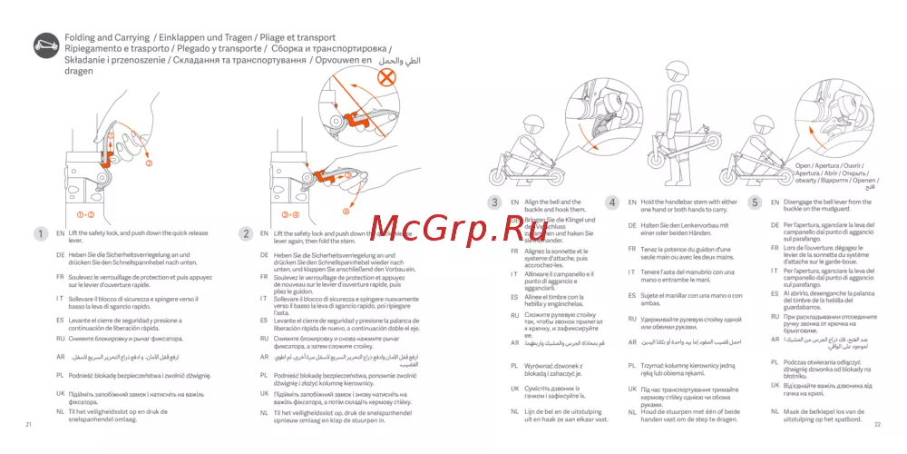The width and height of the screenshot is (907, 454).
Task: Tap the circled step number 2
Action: pos(245,233)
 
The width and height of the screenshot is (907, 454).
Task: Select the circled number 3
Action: pos(494,202)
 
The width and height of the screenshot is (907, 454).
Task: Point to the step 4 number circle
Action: pos(612,202)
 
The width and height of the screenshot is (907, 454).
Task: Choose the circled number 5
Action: pos(755,202)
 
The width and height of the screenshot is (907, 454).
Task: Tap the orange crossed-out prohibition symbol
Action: pos(388,76)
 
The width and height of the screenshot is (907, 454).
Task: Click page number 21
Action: pos(29,424)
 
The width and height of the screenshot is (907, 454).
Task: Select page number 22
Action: pos(877,424)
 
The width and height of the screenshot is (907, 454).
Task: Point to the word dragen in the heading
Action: pos(79,70)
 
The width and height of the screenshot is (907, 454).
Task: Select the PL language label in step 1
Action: pos(60,374)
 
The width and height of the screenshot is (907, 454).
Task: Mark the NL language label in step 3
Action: pos(514,411)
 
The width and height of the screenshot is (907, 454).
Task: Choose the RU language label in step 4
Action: pos(631,319)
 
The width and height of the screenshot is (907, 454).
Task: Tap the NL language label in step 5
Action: pos(775,411)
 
